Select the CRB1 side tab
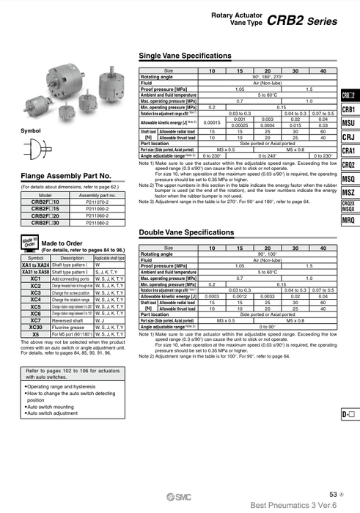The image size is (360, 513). pos(348,110)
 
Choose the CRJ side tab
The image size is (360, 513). pos(348,138)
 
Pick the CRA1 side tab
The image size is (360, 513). pos(348,152)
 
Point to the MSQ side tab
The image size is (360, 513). pos(348,180)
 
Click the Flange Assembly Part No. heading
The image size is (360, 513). pos(66,177)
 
